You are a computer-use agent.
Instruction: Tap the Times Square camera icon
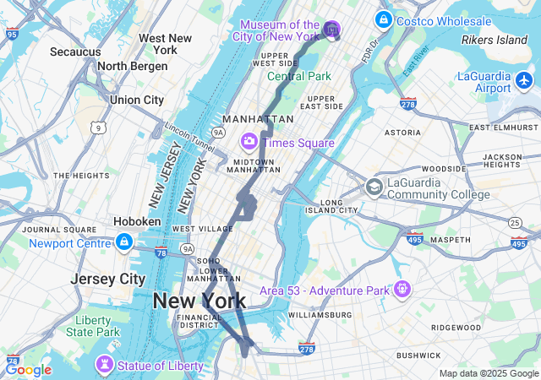[x=249, y=142]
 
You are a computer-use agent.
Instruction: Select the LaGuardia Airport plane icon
[x=524, y=82]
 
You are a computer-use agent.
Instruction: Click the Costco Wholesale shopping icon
[x=383, y=19]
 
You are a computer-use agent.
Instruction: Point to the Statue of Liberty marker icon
[x=104, y=365]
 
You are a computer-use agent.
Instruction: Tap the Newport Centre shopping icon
[x=123, y=243]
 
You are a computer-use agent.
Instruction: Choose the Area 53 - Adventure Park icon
[x=402, y=290]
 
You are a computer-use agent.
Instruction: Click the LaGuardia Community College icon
[x=374, y=187]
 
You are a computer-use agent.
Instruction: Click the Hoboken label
[x=137, y=221]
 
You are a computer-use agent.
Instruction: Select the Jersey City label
[x=107, y=279]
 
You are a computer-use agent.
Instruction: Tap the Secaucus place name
[x=75, y=52]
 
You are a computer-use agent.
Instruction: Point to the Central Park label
[x=299, y=76]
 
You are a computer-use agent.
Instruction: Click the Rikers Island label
[x=495, y=40]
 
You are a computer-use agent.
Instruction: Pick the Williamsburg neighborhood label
[x=320, y=314]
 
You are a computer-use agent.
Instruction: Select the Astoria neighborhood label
[x=402, y=133]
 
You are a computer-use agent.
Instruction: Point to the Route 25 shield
[x=515, y=221]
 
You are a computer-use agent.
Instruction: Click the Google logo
[x=28, y=369]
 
